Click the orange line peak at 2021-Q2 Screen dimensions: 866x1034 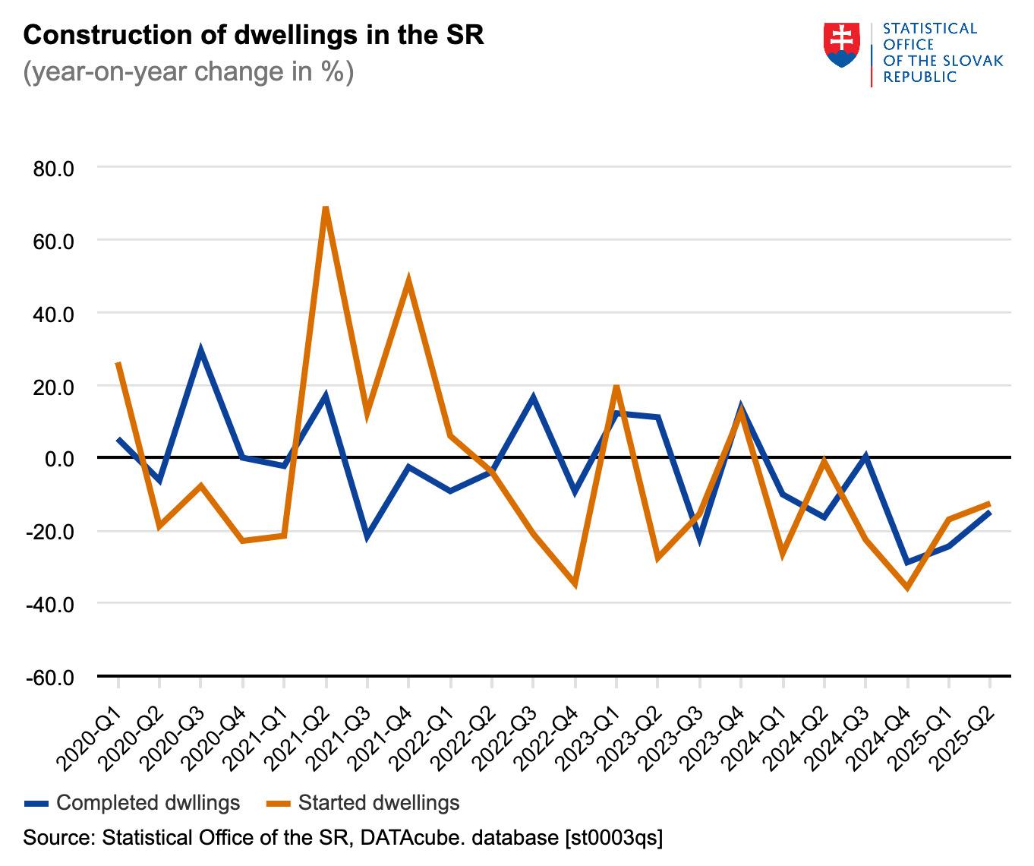[x=326, y=207]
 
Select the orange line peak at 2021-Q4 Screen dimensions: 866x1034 [x=408, y=280]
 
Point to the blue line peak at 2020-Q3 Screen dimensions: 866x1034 [x=200, y=351]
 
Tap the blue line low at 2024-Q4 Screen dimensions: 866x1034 [x=906, y=562]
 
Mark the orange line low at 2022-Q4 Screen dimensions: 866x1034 [x=575, y=584]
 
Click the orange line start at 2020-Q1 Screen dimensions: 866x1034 [x=118, y=364]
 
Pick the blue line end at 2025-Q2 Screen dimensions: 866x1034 [x=988, y=513]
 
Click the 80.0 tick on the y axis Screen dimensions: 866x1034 [x=53, y=168]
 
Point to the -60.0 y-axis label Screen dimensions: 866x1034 [x=50, y=677]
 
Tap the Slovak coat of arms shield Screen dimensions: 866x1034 [x=841, y=45]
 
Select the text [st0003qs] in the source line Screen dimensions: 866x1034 [x=613, y=838]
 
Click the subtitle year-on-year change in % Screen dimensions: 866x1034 [x=188, y=72]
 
